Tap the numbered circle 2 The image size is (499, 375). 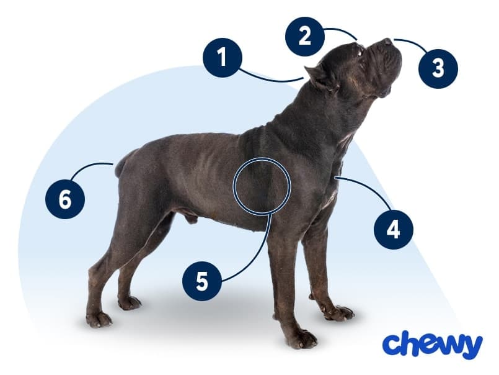[x=304, y=36]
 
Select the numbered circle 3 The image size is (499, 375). [x=438, y=67]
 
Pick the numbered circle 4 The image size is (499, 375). [x=393, y=229]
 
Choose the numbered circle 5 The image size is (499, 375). [x=202, y=281]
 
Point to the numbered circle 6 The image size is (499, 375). [x=65, y=199]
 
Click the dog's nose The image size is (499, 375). [x=388, y=42]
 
